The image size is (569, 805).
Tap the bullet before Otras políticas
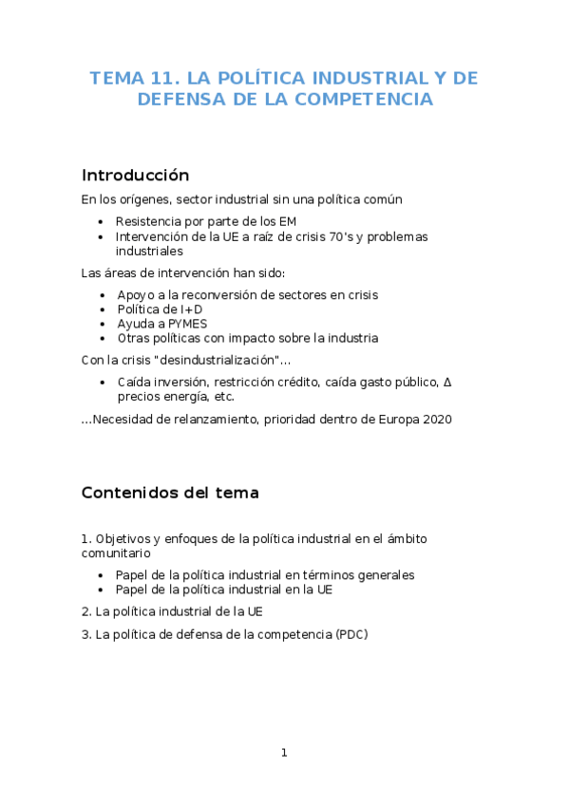(103, 338)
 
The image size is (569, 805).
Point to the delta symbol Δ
(447, 383)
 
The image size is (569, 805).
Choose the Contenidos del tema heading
(170, 494)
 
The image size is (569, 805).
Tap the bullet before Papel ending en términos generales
(103, 574)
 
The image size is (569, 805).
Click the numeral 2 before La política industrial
(85, 611)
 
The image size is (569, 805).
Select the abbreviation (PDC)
(351, 634)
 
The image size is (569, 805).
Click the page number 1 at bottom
(283, 753)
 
